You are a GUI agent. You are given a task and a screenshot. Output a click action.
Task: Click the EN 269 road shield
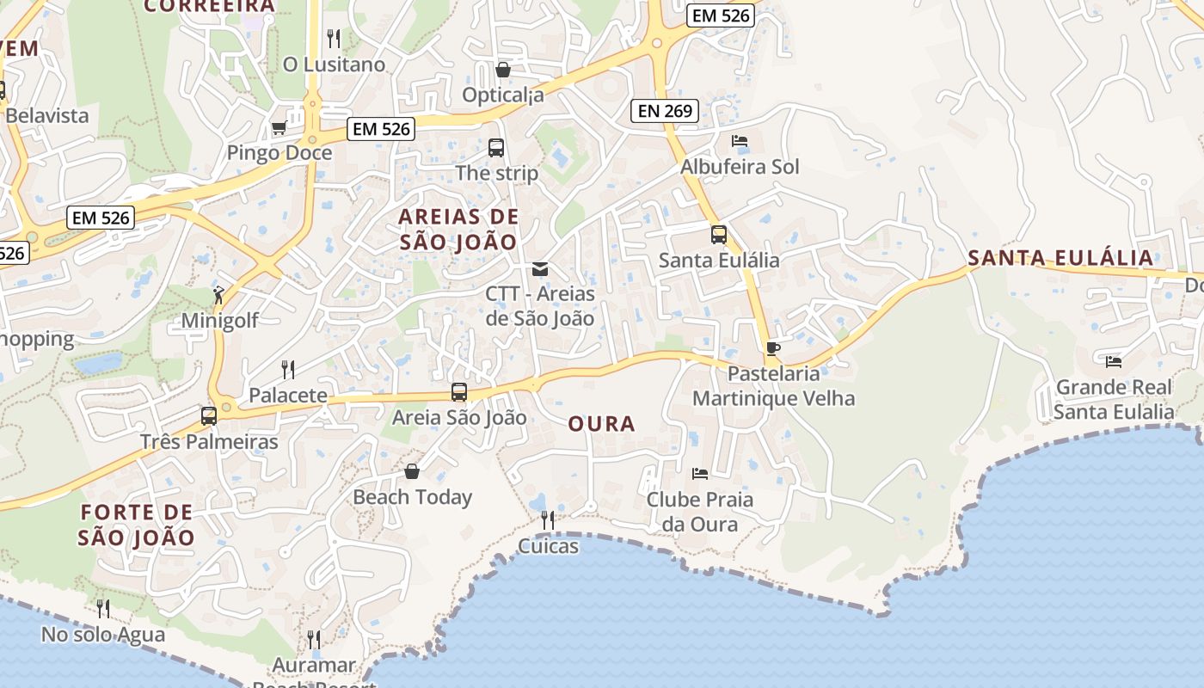click(x=664, y=110)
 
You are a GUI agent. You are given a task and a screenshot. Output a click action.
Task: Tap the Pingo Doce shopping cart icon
click(x=279, y=128)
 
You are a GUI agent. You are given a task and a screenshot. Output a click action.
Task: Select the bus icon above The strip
click(x=496, y=147)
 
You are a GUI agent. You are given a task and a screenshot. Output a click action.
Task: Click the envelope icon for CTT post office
click(x=540, y=269)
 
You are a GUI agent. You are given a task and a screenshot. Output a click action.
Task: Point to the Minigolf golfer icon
click(x=219, y=295)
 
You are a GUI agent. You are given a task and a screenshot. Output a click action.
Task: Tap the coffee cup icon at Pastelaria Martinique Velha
click(x=773, y=348)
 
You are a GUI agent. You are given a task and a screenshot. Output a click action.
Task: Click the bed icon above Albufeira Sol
click(x=740, y=141)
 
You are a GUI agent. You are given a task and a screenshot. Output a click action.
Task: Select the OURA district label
click(x=602, y=423)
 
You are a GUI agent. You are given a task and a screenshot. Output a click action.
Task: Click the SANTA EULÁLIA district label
click(x=1060, y=258)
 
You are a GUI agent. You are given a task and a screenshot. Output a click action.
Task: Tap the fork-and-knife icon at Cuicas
click(x=547, y=520)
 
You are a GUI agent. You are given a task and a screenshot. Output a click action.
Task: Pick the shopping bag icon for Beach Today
click(x=412, y=471)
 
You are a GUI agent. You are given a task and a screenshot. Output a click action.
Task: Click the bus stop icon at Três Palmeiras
click(x=209, y=416)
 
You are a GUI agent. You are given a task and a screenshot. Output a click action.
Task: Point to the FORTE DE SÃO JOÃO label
click(x=137, y=525)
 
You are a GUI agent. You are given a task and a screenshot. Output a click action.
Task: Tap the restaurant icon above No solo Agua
click(x=103, y=609)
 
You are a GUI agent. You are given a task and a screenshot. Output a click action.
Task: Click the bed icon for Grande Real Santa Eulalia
click(x=1114, y=361)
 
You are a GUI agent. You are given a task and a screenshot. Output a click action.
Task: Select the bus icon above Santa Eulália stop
click(x=719, y=234)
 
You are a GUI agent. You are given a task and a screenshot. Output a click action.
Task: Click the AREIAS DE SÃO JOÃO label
click(x=458, y=229)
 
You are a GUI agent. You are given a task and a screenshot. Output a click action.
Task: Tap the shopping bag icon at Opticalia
click(x=503, y=70)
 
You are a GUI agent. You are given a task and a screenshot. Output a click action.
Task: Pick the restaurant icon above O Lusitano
click(x=334, y=38)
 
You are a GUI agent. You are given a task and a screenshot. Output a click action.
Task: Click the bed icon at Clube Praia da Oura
click(x=700, y=473)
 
